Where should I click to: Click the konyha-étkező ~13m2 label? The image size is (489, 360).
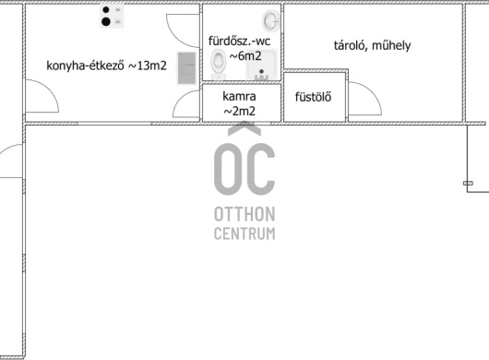pyautogui.click(x=106, y=66)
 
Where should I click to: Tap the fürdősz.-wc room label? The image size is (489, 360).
pyautogui.click(x=239, y=41)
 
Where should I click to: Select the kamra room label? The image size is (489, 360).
pyautogui.click(x=239, y=96)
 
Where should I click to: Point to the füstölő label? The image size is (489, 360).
pyautogui.click(x=313, y=97)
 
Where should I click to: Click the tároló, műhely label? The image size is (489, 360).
pyautogui.click(x=372, y=45)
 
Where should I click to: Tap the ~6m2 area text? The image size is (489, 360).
pyautogui.click(x=245, y=55)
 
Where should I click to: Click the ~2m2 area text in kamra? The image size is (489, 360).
pyautogui.click(x=240, y=111)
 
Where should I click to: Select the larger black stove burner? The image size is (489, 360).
pyautogui.click(x=106, y=21)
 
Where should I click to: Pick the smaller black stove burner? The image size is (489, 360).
pyautogui.click(x=106, y=10)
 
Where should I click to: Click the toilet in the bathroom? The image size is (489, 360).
pyautogui.click(x=218, y=64)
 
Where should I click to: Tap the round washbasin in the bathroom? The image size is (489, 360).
pyautogui.click(x=270, y=21)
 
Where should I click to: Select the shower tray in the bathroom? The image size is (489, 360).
pyautogui.click(x=261, y=65)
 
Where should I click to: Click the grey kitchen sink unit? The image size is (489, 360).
pyautogui.click(x=186, y=68)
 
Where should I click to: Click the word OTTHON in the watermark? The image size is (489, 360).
pyautogui.click(x=244, y=214)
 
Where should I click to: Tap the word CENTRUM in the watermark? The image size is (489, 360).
pyautogui.click(x=244, y=234)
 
